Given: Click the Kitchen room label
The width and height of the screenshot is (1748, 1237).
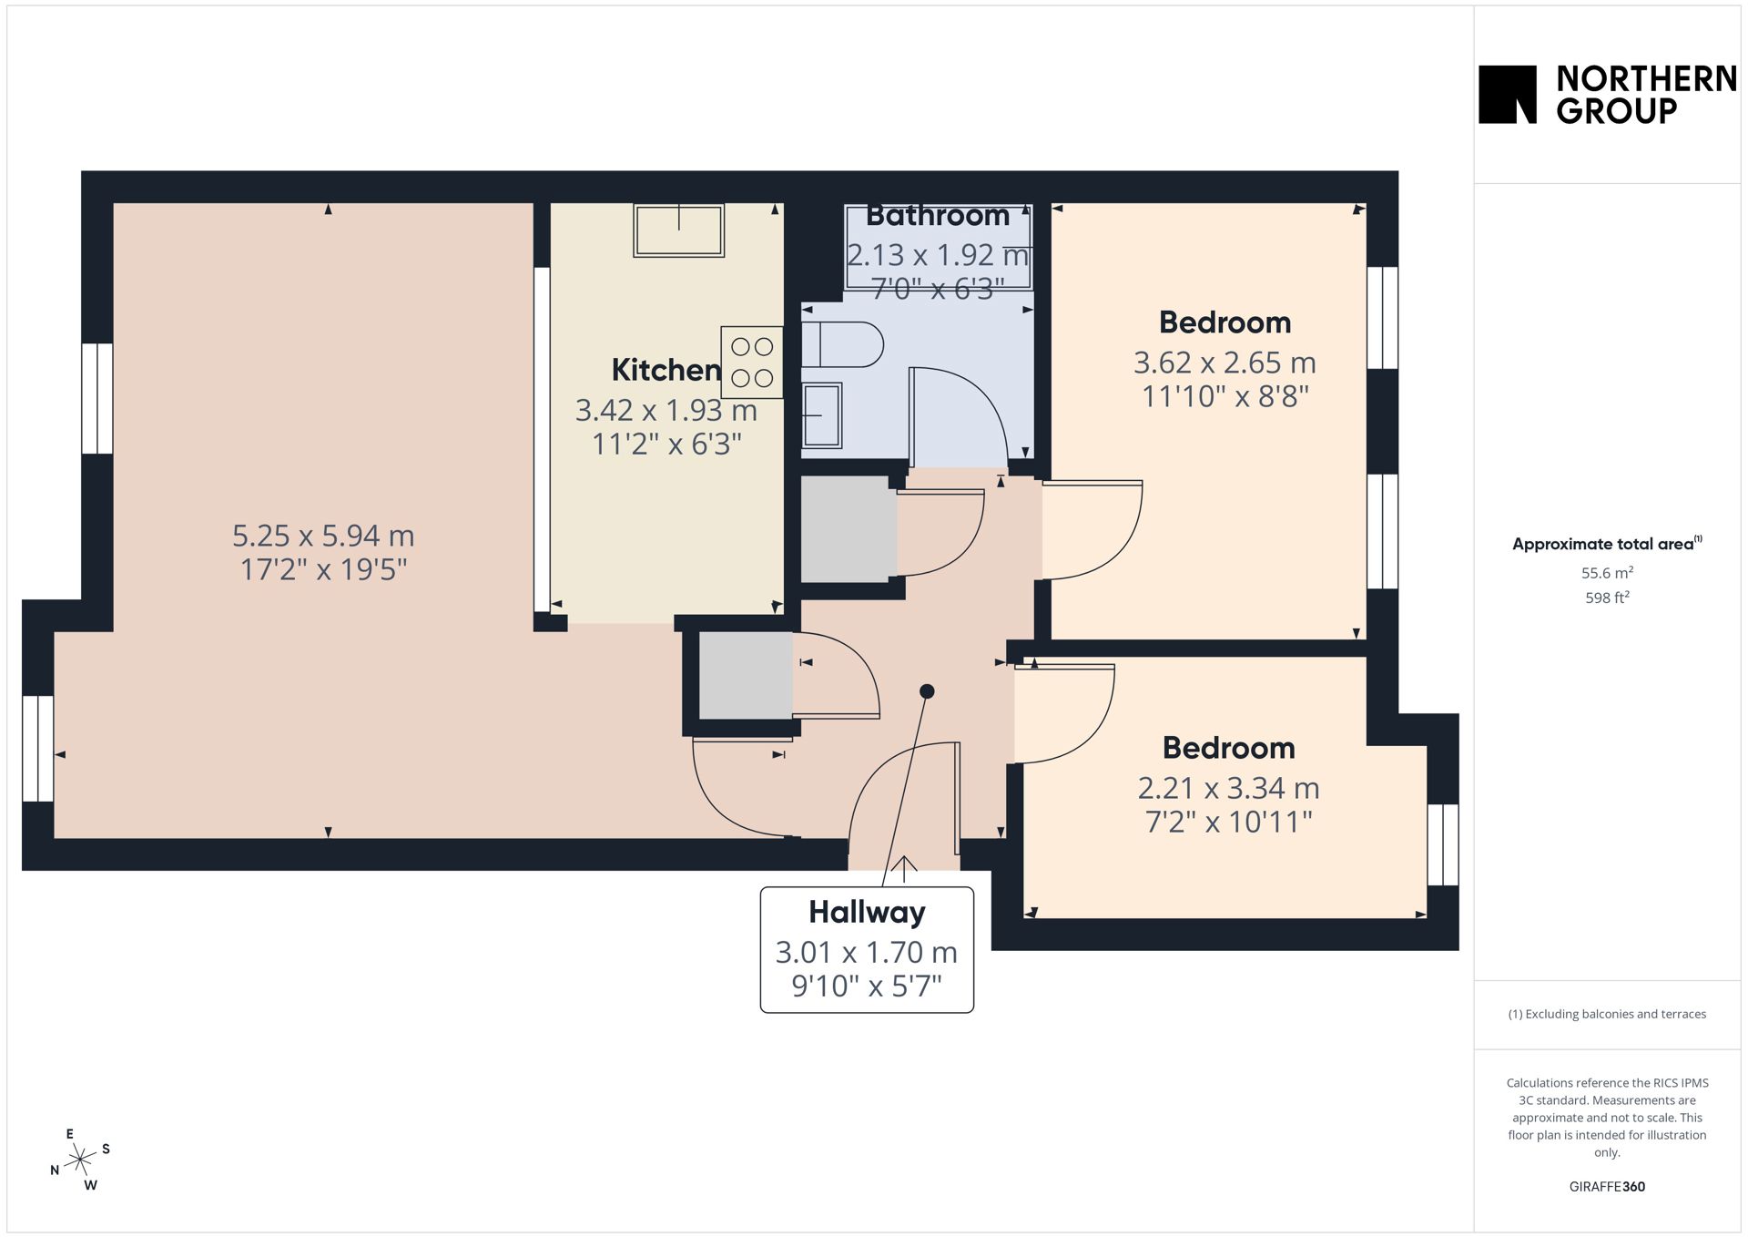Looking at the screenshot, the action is point(666,370).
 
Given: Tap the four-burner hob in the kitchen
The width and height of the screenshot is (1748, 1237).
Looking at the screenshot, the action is point(752,362).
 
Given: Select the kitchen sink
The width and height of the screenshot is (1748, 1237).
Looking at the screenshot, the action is point(679,230).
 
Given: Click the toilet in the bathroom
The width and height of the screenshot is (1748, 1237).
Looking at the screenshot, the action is point(842,345).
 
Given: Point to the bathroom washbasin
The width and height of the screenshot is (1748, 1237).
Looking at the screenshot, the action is point(821,415).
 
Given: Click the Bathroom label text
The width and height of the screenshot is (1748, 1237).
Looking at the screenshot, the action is point(938,216).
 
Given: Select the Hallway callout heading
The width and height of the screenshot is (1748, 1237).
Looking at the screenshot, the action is point(867,912).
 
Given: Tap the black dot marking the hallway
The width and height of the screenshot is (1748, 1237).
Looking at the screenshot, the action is point(927,691).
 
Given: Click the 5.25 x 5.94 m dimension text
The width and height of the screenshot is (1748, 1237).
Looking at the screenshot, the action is point(323,535).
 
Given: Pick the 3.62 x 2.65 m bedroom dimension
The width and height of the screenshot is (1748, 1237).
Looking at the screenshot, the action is point(1225,363).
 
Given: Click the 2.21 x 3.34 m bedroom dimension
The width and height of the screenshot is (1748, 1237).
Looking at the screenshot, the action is point(1228,788).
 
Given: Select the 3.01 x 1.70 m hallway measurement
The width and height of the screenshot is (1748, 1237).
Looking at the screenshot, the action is point(867,952).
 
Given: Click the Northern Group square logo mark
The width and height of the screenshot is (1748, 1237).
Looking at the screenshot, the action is point(1507,94).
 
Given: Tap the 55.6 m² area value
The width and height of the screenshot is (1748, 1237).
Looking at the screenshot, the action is point(1607,573).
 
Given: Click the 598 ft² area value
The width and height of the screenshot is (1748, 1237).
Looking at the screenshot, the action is point(1607,598).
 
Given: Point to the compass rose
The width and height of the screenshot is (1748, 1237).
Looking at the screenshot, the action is point(81,1160).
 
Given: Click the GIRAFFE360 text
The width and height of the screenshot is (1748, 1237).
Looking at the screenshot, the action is point(1607,1187).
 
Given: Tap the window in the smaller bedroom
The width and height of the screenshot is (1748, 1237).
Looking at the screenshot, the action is point(1442,844).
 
